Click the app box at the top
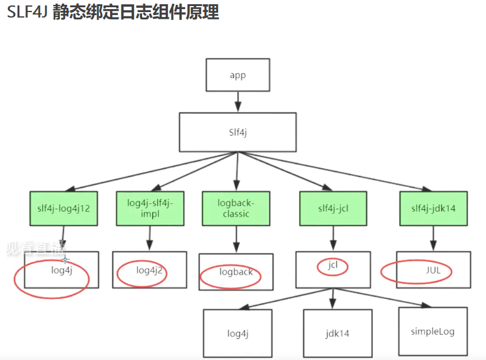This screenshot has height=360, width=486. (x=238, y=75)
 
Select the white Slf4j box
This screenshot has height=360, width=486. (x=238, y=132)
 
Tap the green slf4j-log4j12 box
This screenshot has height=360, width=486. (x=64, y=209)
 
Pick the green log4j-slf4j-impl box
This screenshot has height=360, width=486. (x=150, y=209)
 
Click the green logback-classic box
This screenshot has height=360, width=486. (x=236, y=209)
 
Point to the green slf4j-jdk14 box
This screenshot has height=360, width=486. (x=433, y=209)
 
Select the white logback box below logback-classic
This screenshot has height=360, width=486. (x=236, y=272)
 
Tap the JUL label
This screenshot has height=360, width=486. (x=433, y=270)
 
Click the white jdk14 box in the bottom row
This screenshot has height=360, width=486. (x=337, y=333)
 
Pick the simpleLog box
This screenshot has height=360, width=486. (x=432, y=332)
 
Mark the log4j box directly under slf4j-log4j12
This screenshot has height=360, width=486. (x=62, y=270)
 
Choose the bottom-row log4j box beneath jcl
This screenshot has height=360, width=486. (x=238, y=333)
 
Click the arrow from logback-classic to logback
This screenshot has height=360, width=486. (x=236, y=240)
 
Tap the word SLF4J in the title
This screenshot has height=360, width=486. (x=27, y=13)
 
